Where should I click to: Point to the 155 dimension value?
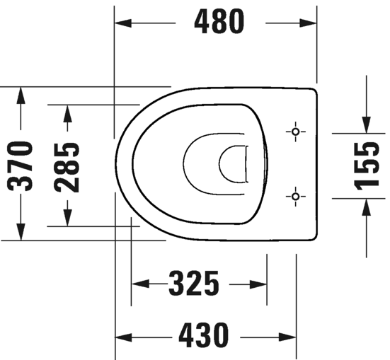click(x=367, y=166)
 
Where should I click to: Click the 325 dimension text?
click(x=193, y=284)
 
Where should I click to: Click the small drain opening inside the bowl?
click(x=232, y=164)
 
